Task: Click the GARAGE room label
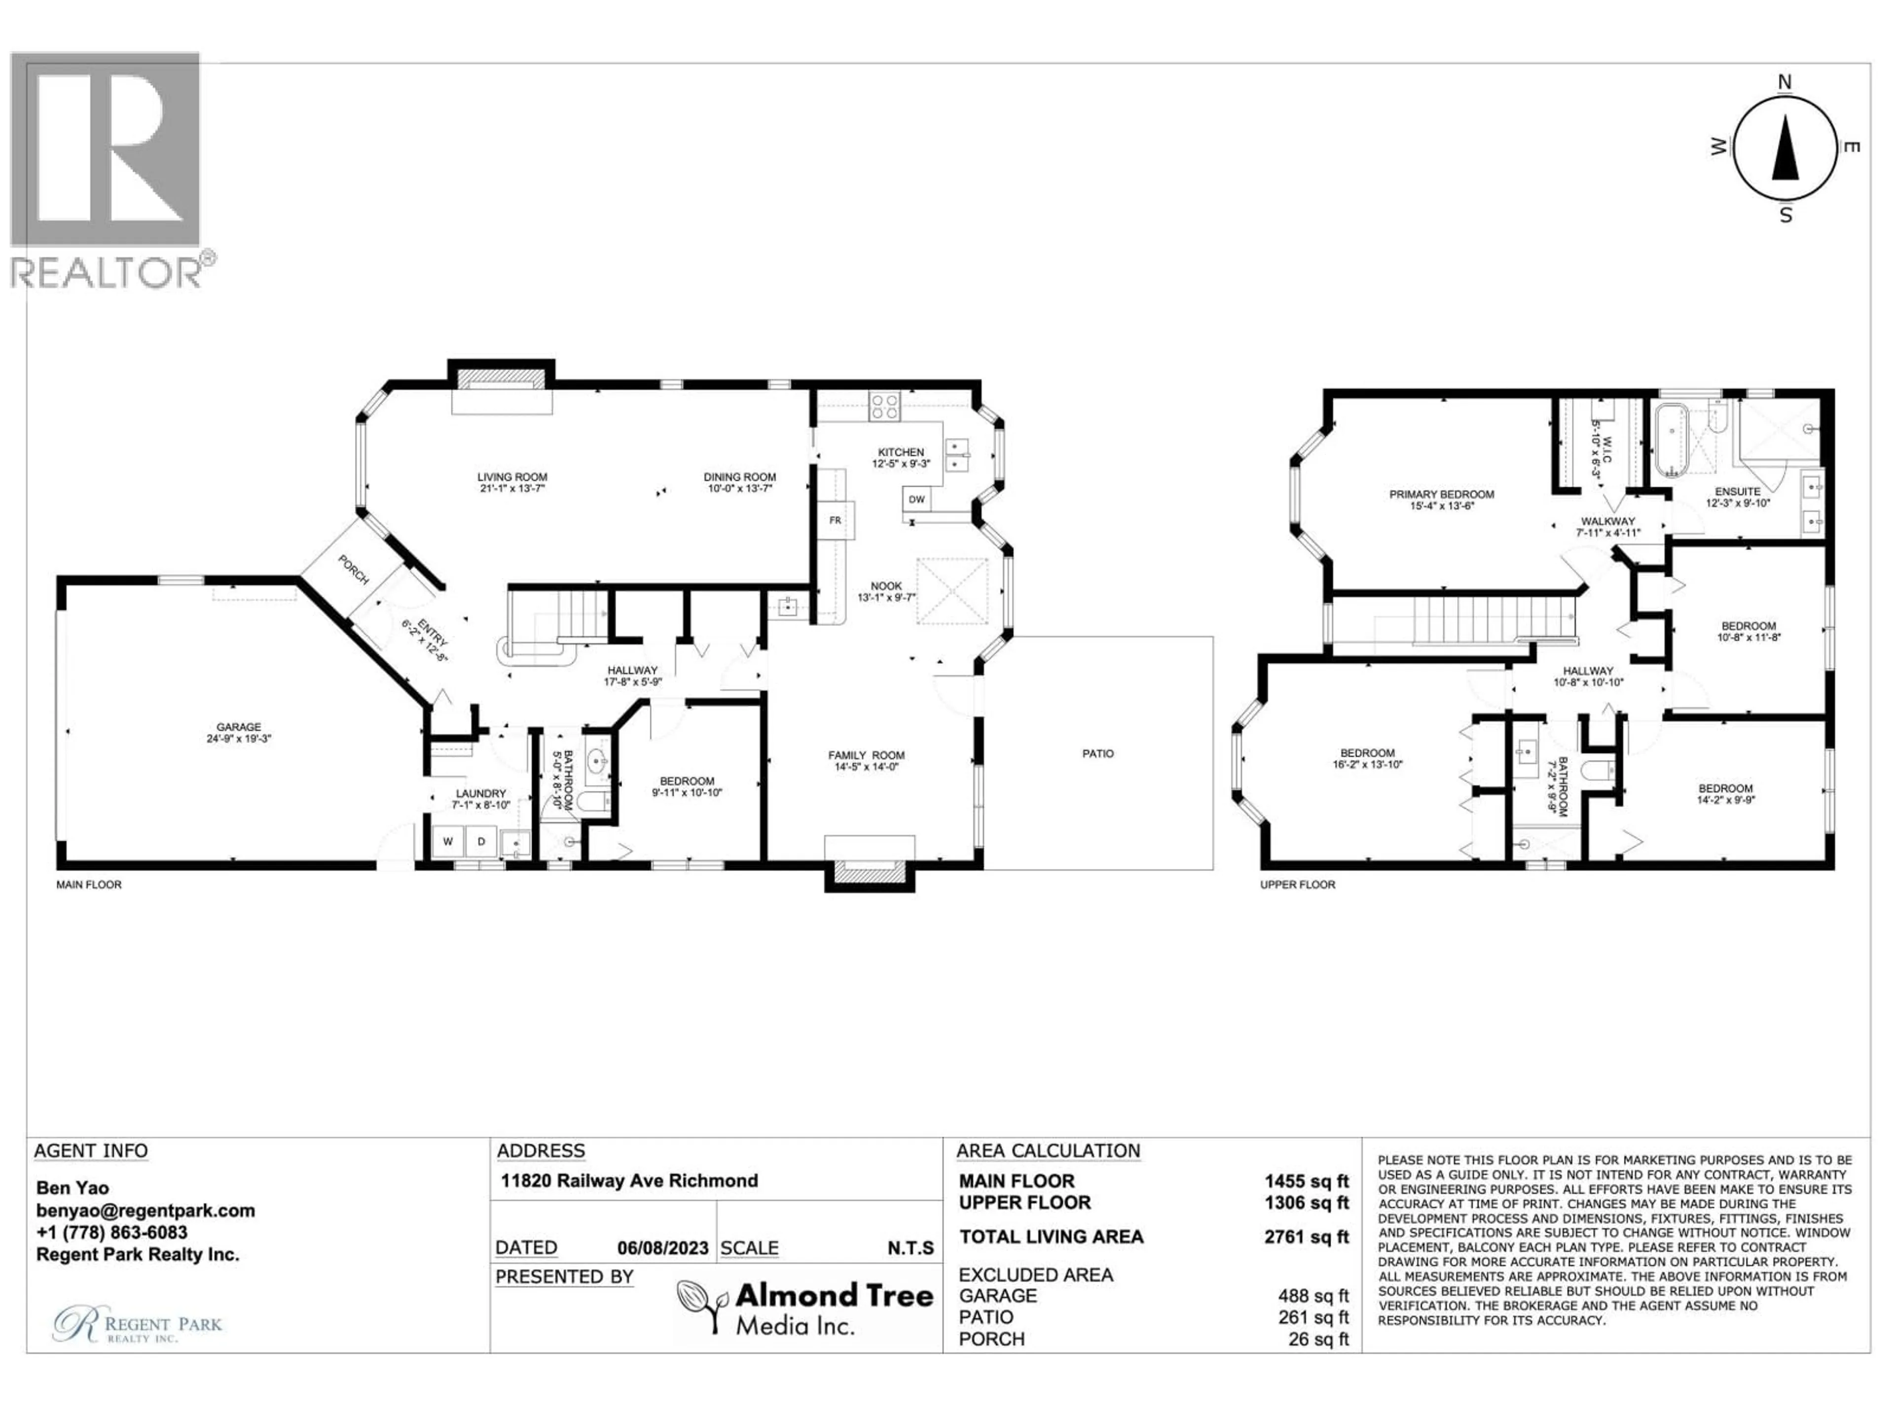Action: [x=238, y=727]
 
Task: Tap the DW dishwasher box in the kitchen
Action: [x=916, y=499]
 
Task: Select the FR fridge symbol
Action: [x=835, y=521]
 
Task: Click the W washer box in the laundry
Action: [x=447, y=842]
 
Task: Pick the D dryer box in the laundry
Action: [x=481, y=842]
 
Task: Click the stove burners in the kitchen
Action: [x=884, y=405]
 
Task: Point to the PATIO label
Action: [x=1098, y=754]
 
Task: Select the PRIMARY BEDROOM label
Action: [x=1441, y=494]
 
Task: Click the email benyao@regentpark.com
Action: [x=146, y=1210]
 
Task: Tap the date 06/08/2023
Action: [x=662, y=1248]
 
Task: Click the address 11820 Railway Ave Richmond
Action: [x=629, y=1180]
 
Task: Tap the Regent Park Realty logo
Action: [x=137, y=1323]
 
